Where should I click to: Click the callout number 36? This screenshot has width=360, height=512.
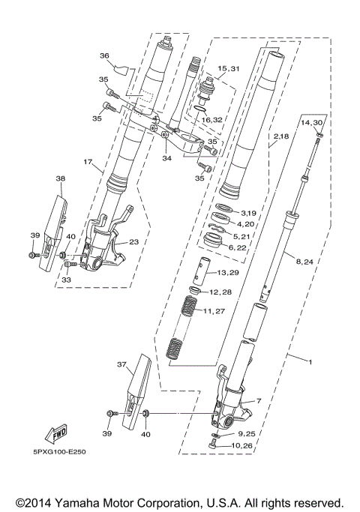tap(104, 55)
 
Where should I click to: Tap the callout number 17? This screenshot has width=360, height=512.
tap(88, 161)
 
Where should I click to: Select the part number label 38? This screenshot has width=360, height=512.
tap(61, 178)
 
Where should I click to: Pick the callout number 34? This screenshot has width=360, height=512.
tap(166, 158)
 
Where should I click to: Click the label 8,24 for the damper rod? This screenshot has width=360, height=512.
tap(304, 261)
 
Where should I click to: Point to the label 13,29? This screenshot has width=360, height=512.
tap(228, 273)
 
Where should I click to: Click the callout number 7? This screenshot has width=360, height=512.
tap(258, 401)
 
